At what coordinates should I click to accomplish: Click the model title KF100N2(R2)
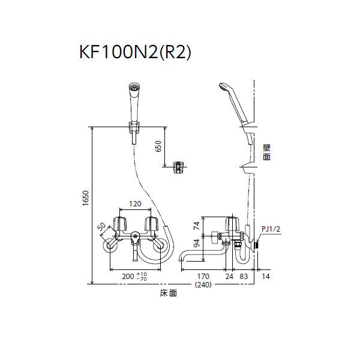pyautogui.click(x=134, y=53)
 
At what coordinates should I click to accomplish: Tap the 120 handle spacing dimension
pyautogui.click(x=136, y=204)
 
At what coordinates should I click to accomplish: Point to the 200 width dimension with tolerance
pyautogui.click(x=133, y=277)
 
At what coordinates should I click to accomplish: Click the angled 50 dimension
pyautogui.click(x=101, y=229)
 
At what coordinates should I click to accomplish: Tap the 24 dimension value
pyautogui.click(x=229, y=277)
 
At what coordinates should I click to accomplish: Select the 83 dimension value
pyautogui.click(x=244, y=277)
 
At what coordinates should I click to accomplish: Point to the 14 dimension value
pyautogui.click(x=266, y=277)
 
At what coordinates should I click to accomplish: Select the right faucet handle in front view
pyautogui.click(x=151, y=223)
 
